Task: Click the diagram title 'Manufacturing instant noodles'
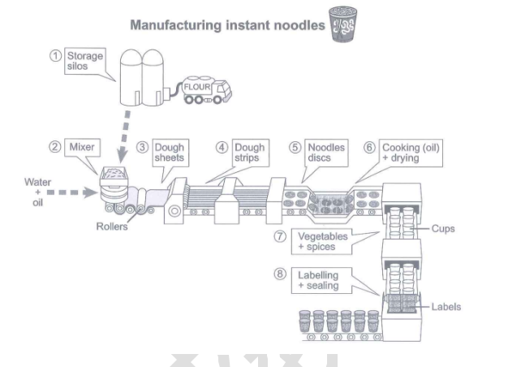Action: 227,24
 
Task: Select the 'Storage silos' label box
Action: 85,61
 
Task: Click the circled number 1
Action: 55,55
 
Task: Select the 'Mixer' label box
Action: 84,147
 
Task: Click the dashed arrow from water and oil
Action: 78,193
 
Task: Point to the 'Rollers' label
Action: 111,227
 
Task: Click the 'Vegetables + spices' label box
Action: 326,240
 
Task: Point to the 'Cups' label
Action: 443,228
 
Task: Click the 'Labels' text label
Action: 446,306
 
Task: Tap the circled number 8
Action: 280,274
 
